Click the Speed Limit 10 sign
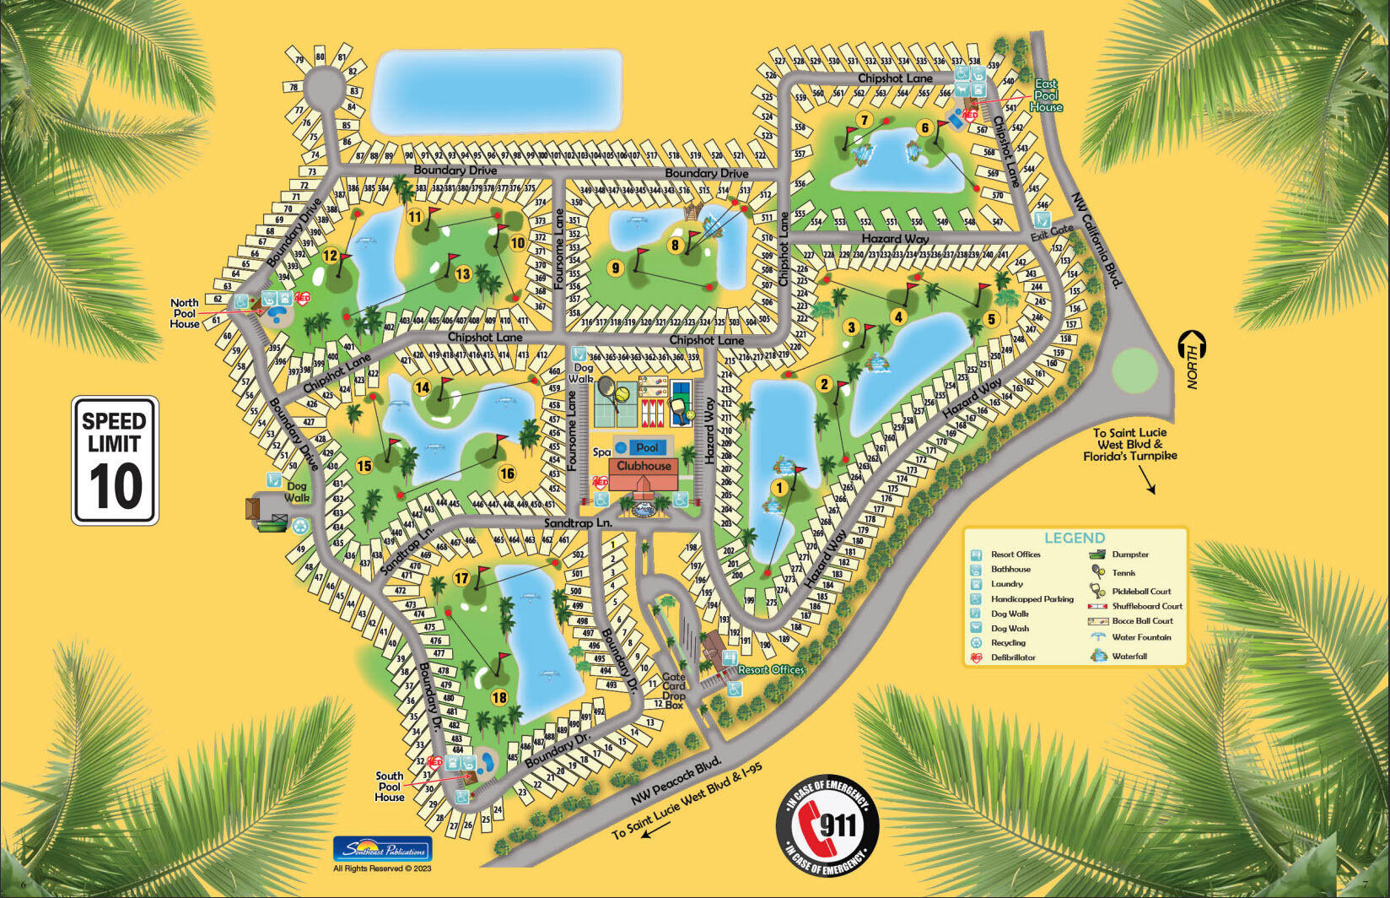[115, 461]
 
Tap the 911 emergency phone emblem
[827, 825]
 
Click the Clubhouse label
[644, 466]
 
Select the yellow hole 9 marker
[616, 268]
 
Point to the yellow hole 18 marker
[499, 697]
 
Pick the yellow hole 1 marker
[779, 487]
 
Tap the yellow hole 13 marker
[462, 273]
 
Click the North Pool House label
[185, 313]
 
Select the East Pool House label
[1046, 95]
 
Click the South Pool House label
[390, 786]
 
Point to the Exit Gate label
[1052, 230]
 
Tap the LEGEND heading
[1074, 538]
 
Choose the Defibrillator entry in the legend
[1013, 657]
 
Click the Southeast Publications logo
[382, 849]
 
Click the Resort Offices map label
[771, 669]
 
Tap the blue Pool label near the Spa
[647, 447]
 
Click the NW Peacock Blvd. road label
[676, 782]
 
